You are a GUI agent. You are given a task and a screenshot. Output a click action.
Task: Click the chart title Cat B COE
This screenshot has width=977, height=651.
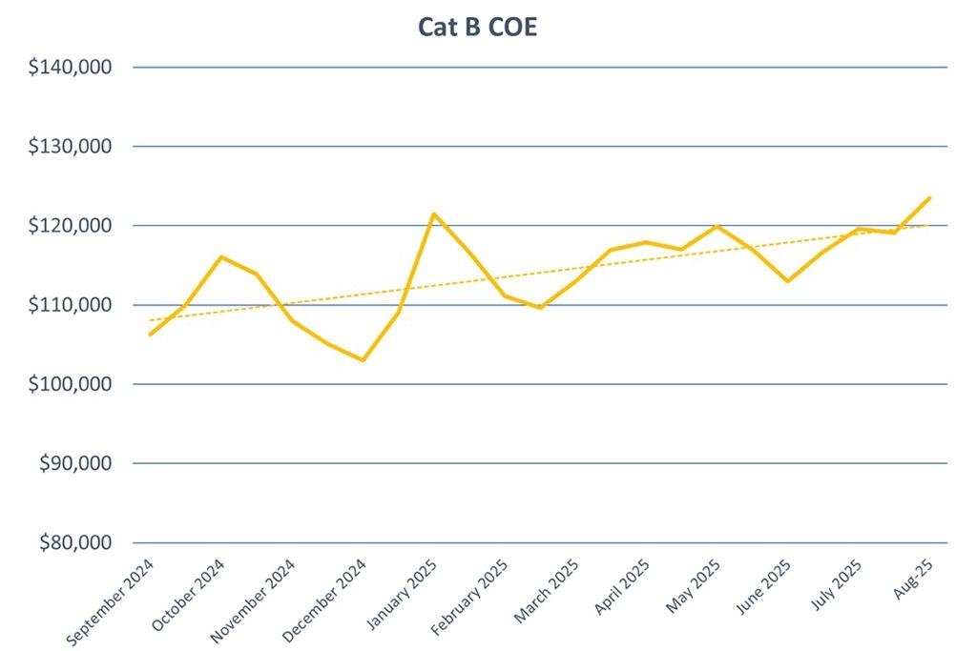[477, 27]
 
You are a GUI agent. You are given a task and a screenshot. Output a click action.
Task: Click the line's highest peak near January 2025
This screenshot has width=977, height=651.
[434, 214]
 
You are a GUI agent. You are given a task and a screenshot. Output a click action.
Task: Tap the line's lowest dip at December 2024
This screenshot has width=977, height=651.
[363, 360]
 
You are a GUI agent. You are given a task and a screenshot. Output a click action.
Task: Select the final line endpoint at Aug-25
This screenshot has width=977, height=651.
[929, 197]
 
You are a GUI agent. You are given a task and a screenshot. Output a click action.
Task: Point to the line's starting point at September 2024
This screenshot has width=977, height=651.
[150, 335]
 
